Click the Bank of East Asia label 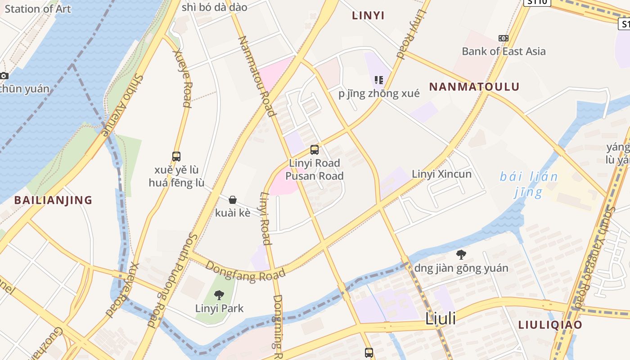click(504, 51)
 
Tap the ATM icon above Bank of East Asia click(504, 38)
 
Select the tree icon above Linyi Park click(219, 295)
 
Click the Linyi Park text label click(219, 308)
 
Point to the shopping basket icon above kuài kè click(233, 200)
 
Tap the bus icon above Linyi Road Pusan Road click(315, 150)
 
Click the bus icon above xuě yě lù click(176, 157)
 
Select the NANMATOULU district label click(474, 87)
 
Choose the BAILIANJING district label click(53, 200)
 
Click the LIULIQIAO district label click(550, 325)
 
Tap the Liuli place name click(441, 319)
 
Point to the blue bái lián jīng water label click(529, 184)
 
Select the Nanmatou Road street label click(256, 75)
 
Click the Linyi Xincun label click(441, 174)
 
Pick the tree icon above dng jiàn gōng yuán click(461, 255)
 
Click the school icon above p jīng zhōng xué click(378, 80)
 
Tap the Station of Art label click(38, 9)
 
